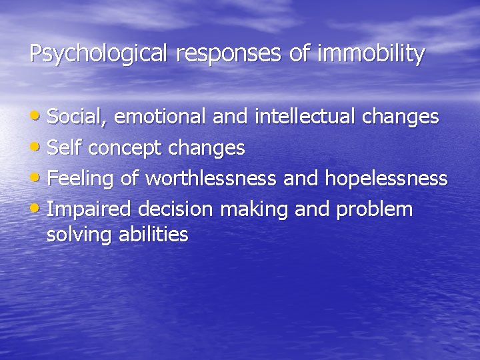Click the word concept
125,148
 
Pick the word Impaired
90,209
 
